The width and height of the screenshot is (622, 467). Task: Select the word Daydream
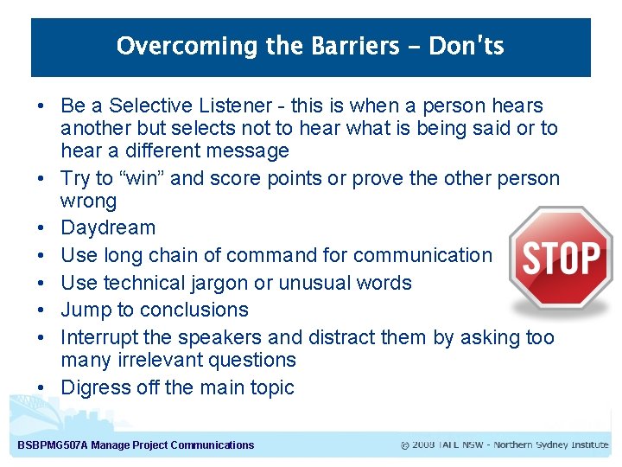pos(108,228)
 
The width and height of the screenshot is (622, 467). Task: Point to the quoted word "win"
pos(140,179)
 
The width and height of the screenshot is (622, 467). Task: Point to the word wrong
pos(87,202)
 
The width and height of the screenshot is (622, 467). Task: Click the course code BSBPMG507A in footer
pos(53,445)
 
